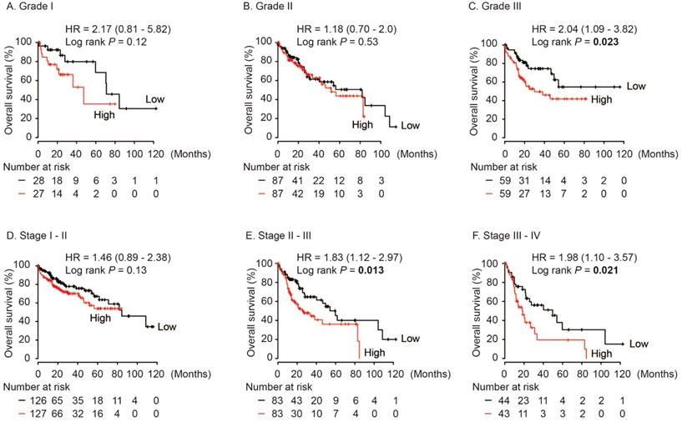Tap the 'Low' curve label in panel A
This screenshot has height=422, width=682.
pyautogui.click(x=154, y=100)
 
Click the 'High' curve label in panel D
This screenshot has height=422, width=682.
pyautogui.click(x=101, y=318)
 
